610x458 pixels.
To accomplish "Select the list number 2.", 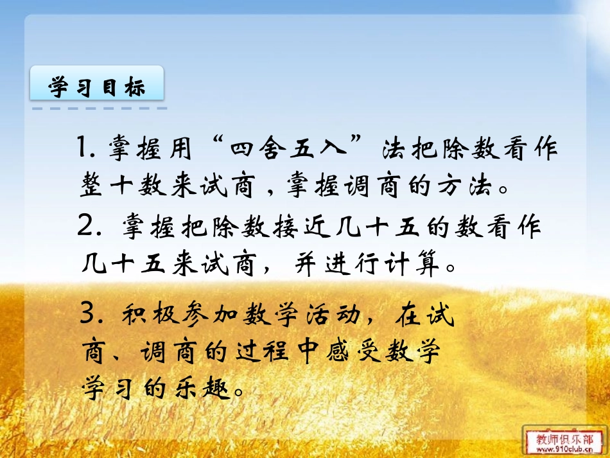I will pos(86,227).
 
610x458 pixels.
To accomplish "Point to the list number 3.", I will pos(88,315).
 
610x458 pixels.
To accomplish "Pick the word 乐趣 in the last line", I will pos(205,387).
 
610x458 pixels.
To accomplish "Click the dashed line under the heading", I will pos(97,109).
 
